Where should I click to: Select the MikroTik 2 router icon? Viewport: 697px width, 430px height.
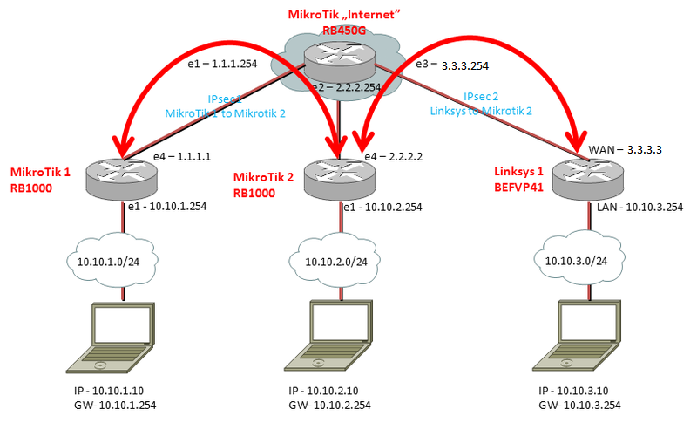coord(339,177)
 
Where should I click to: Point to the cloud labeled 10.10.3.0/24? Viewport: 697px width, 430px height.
coord(576,259)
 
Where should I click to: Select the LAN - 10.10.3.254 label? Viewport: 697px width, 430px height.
coord(639,208)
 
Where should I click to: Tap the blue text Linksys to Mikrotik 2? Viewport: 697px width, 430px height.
coord(478,111)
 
